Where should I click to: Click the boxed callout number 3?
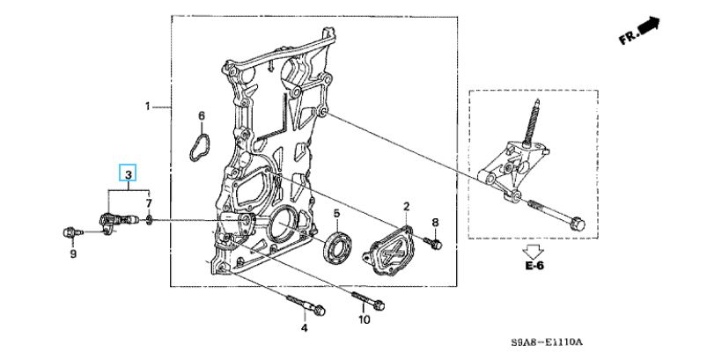(x=129, y=173)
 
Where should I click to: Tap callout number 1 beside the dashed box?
(x=148, y=107)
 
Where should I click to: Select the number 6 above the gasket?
(x=202, y=115)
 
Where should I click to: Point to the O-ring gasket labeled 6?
(x=199, y=148)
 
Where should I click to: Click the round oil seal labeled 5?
(x=338, y=248)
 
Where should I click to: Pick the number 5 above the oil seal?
(x=336, y=214)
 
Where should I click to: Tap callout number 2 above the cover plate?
(x=407, y=206)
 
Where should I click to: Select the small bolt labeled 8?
(x=433, y=243)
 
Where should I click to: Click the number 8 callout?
(x=435, y=224)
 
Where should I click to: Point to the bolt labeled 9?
(x=73, y=232)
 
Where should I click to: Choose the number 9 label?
(x=73, y=253)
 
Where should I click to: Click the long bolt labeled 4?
(x=306, y=305)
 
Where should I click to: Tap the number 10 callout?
(x=364, y=319)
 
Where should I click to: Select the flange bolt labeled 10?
(x=368, y=299)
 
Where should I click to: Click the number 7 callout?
(x=149, y=203)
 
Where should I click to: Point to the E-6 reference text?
(x=534, y=266)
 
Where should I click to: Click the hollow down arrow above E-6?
(x=534, y=252)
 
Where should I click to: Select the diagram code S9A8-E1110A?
(x=547, y=342)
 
